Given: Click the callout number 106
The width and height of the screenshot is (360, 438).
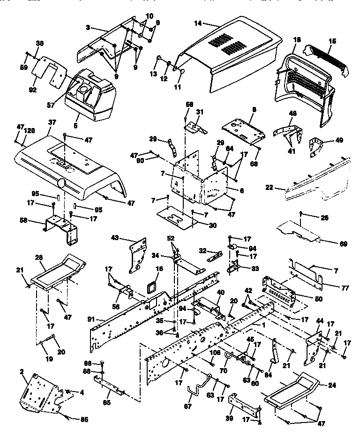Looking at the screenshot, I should tap(215, 353).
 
